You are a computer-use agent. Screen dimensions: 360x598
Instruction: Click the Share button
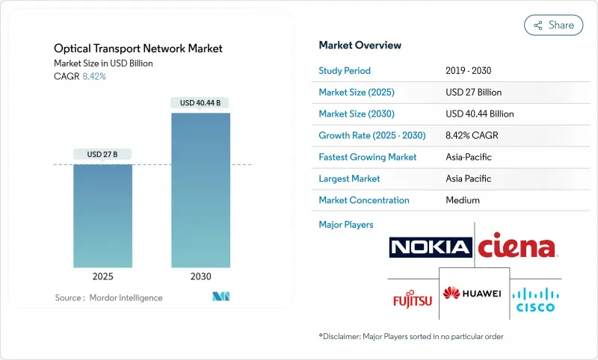(554, 25)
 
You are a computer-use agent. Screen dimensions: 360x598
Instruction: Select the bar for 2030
(200, 190)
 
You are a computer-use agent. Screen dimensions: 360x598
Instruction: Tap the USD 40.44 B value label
(200, 102)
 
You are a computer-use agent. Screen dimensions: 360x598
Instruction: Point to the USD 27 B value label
(102, 154)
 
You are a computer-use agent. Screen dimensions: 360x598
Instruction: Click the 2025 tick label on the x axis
(102, 276)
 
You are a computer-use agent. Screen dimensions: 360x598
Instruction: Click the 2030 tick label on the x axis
(200, 276)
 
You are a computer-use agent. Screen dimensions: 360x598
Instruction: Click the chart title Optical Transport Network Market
(138, 49)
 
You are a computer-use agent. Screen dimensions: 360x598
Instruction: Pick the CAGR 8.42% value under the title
(93, 76)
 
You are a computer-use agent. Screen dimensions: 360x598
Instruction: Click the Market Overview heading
(360, 45)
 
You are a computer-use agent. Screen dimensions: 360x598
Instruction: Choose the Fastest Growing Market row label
(368, 157)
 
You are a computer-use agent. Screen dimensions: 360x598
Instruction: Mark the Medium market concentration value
(462, 200)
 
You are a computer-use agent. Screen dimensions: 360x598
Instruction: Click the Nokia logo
(431, 247)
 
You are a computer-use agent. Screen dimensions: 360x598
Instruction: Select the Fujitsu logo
(413, 300)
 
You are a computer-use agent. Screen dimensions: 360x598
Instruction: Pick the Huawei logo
(472, 293)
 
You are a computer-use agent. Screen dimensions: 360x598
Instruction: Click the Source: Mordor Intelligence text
(108, 297)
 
